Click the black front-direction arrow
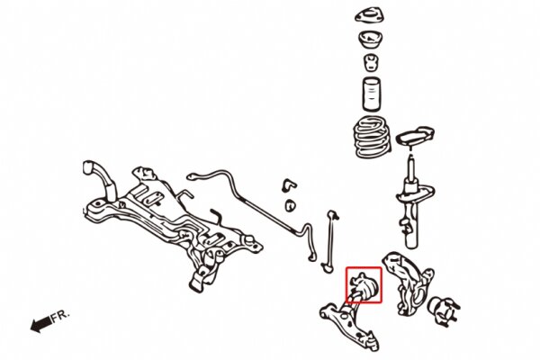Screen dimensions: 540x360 [41, 325]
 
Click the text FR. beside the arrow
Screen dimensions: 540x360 [60, 316]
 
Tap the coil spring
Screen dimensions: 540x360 [372, 137]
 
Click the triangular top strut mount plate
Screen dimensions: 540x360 [371, 16]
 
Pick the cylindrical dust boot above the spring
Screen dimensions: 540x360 [371, 95]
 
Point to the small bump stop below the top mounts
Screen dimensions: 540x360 [372, 63]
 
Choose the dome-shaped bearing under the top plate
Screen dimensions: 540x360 [371, 40]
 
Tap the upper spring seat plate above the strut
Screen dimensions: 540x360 [415, 136]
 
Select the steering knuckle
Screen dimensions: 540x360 [407, 283]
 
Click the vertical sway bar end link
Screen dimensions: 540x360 [331, 241]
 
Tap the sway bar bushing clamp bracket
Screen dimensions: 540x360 [288, 185]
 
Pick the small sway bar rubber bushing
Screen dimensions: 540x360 [291, 206]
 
